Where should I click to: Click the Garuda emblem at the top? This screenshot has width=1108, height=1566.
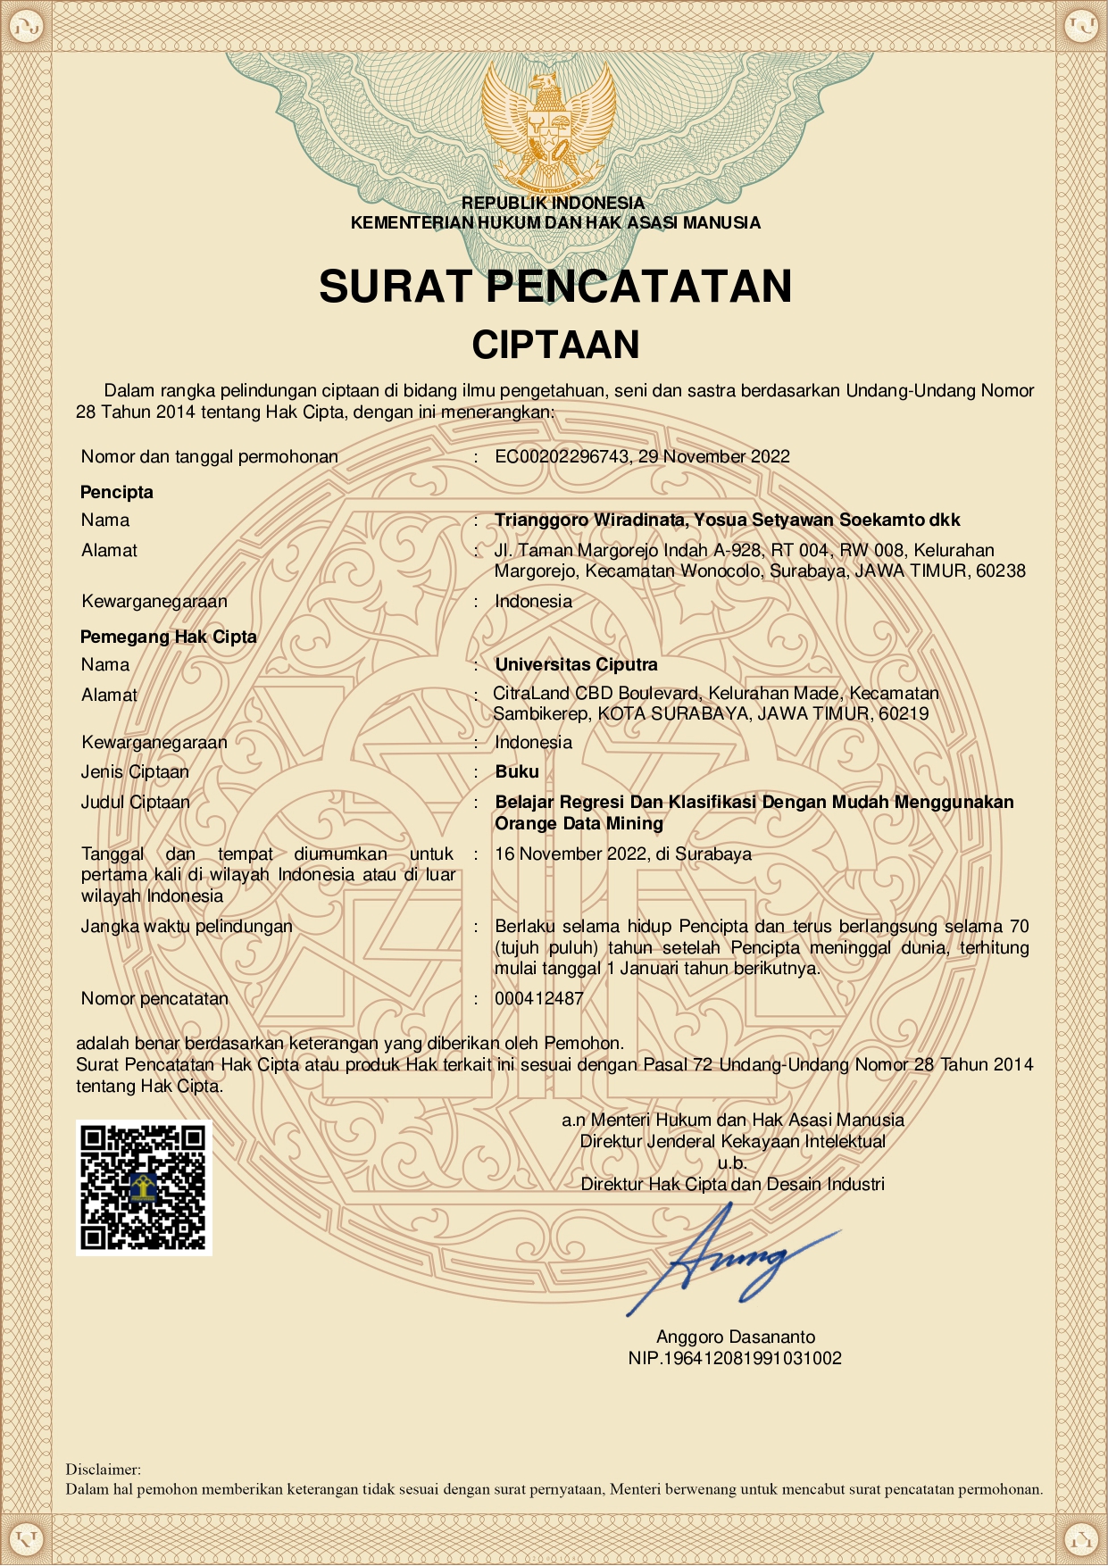[548, 129]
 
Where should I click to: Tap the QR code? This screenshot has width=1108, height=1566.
[144, 1187]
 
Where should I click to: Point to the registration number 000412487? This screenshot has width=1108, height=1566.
[539, 998]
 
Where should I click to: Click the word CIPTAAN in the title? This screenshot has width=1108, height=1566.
[555, 345]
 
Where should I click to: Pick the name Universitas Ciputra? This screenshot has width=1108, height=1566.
[576, 664]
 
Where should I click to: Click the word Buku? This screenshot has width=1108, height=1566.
[517, 771]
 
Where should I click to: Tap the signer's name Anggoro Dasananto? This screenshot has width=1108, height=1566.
[735, 1337]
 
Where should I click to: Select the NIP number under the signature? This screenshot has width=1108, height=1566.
[735, 1358]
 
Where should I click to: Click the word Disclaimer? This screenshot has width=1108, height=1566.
[104, 1469]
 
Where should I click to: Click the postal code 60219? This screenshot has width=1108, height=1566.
[904, 713]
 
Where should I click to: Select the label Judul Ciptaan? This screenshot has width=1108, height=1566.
[136, 802]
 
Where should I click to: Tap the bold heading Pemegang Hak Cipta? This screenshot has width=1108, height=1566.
[169, 637]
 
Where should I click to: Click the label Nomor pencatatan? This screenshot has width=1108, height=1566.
[154, 998]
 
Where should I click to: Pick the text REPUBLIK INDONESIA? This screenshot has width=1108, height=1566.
[553, 203]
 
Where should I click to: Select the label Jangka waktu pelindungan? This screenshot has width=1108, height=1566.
[187, 926]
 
